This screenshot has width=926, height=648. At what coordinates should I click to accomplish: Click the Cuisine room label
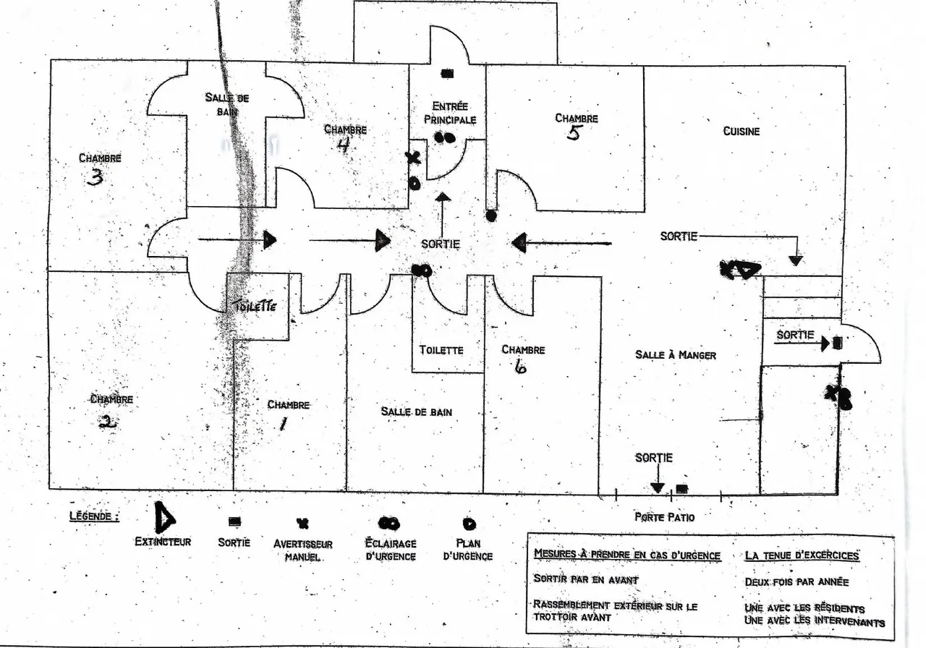coord(742,132)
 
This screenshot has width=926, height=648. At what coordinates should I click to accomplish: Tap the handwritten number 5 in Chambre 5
coord(574,133)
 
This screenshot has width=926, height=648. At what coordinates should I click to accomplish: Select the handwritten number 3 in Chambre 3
coord(95,178)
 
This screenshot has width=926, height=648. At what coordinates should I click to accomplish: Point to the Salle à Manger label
coord(676,354)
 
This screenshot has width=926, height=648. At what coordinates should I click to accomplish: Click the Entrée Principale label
coord(450,113)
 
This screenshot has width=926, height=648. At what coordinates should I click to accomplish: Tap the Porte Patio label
coord(664,517)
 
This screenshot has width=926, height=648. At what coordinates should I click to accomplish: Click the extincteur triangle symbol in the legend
coord(164,516)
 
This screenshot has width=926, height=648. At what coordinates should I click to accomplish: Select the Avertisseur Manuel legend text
coord(302,550)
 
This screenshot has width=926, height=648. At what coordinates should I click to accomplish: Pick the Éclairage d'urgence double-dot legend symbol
coord(389,524)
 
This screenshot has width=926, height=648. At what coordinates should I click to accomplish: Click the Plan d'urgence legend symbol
coord(470,524)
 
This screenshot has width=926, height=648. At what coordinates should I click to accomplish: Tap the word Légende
coord(94,516)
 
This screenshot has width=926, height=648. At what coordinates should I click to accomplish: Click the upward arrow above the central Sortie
coord(443,215)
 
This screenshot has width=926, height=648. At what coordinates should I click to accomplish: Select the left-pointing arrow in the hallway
coord(561,242)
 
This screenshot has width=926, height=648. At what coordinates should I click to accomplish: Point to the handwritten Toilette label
coord(254,306)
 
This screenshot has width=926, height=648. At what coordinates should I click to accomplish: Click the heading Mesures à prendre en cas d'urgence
coord(627,555)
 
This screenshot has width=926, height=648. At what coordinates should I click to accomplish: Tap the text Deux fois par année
coord(797,582)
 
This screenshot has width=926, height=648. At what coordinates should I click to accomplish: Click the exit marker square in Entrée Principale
coord(447,74)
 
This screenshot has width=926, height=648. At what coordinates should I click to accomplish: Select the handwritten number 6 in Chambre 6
coord(520,367)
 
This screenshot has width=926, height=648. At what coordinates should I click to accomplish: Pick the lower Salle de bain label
coord(416,412)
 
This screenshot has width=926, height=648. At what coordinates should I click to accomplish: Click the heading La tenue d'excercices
coord(802,555)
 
